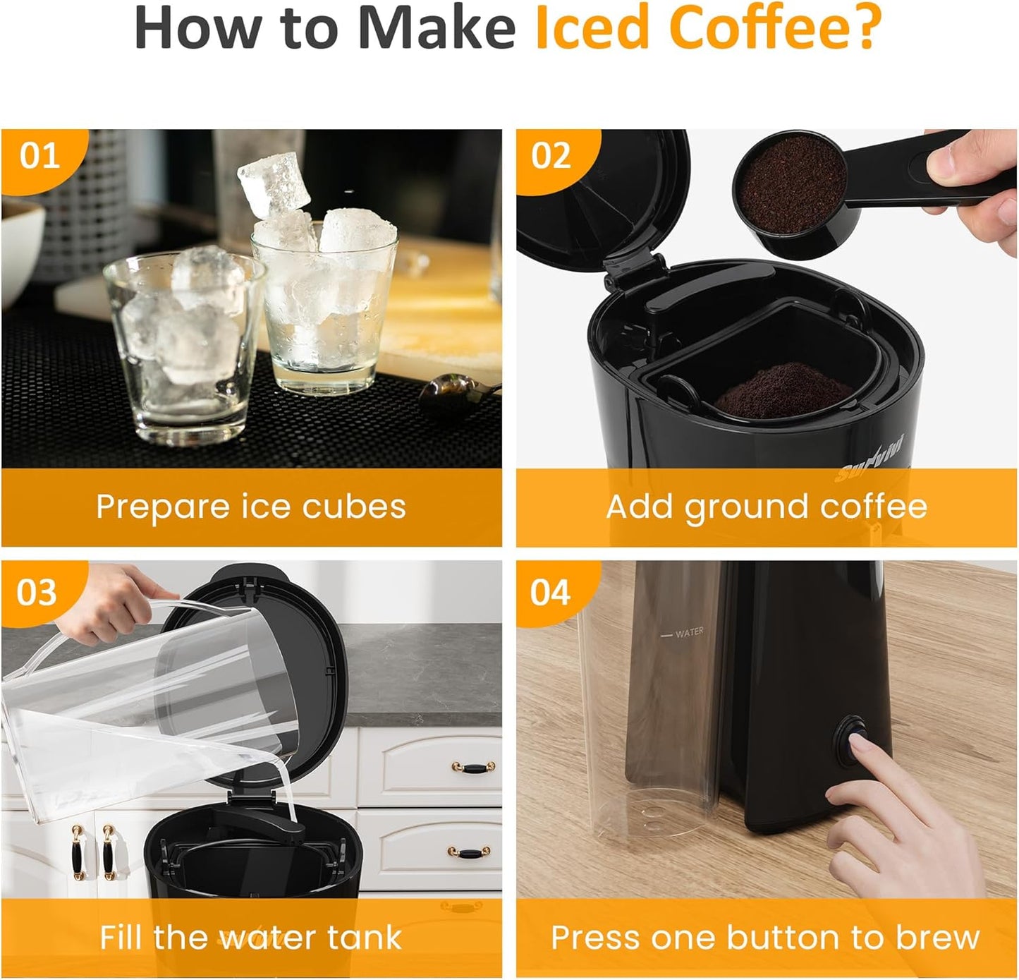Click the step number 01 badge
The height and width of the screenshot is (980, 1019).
tap(39, 156)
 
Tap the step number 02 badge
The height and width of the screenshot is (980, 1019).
tap(551, 156)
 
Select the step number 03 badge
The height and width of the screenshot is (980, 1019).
tap(37, 593)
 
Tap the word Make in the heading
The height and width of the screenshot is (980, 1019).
tap(437, 28)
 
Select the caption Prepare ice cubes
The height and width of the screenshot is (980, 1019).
tap(251, 507)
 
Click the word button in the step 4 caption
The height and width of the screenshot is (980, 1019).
tap(783, 938)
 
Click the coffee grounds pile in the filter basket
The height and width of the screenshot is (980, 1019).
tap(783, 390)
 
